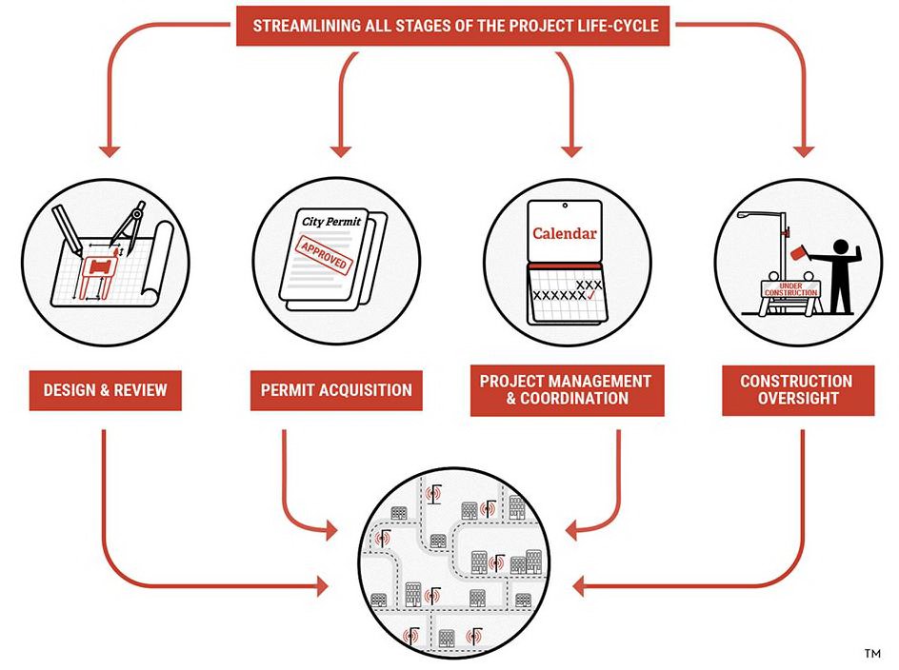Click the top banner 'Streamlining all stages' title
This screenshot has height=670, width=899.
point(454,26)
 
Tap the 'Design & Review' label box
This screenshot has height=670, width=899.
point(105,390)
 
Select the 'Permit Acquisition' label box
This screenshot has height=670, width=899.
point(336,390)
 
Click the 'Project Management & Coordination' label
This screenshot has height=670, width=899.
point(566,389)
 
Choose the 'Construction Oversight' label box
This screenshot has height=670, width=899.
point(796,390)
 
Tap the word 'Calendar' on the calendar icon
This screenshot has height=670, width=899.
point(565,233)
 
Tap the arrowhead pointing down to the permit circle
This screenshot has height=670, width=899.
point(340,149)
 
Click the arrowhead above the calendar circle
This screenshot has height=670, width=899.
point(570,149)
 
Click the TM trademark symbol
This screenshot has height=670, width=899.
point(871,654)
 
